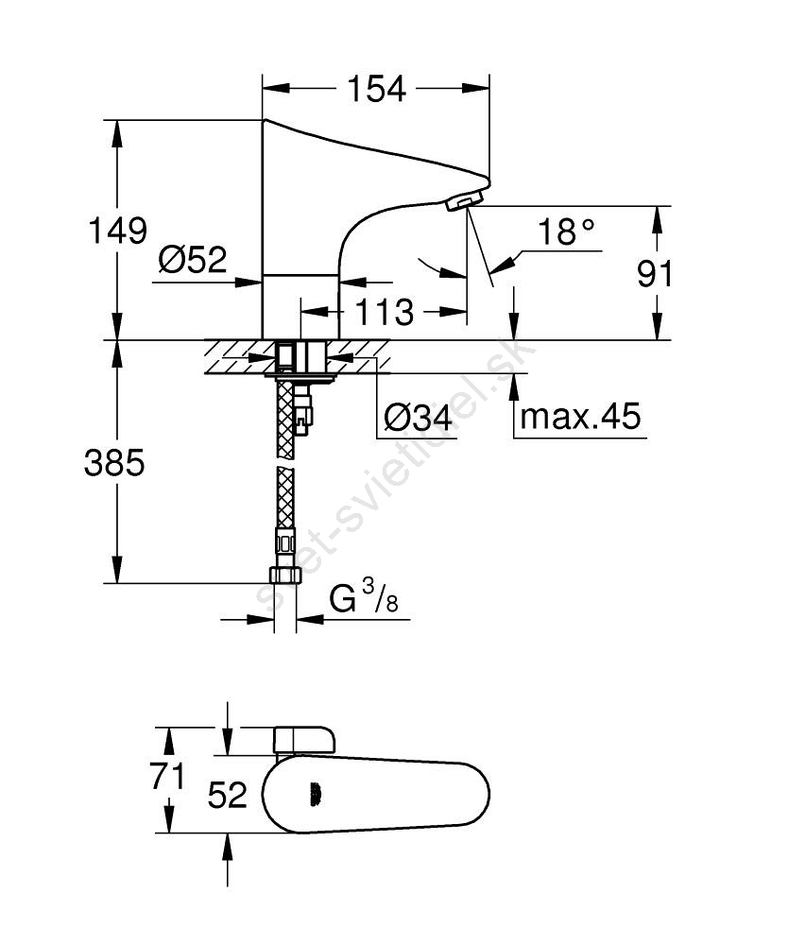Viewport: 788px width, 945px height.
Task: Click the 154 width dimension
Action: pyautogui.click(x=377, y=89)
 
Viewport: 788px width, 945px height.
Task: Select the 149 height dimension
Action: pyautogui.click(x=118, y=231)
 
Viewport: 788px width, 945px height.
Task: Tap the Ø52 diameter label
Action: pyautogui.click(x=193, y=260)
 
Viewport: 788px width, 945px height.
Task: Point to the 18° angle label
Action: pyautogui.click(x=566, y=232)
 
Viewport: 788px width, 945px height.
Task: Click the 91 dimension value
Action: pyautogui.click(x=655, y=274)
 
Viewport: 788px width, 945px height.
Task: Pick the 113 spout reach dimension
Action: pyautogui.click(x=385, y=312)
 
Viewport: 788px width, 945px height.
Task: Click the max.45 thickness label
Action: pyautogui.click(x=581, y=416)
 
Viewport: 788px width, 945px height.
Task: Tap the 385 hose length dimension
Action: pyautogui.click(x=114, y=463)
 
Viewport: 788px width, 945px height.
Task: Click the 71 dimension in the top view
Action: pyautogui.click(x=167, y=776)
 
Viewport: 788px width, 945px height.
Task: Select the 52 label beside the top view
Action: pyautogui.click(x=228, y=795)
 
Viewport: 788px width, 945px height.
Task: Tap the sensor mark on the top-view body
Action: pyautogui.click(x=315, y=795)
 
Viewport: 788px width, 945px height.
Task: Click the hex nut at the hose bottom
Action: pyautogui.click(x=284, y=575)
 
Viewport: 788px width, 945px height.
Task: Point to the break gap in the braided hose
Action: pyautogui.click(x=285, y=463)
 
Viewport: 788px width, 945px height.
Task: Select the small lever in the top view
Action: pyautogui.click(x=304, y=740)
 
